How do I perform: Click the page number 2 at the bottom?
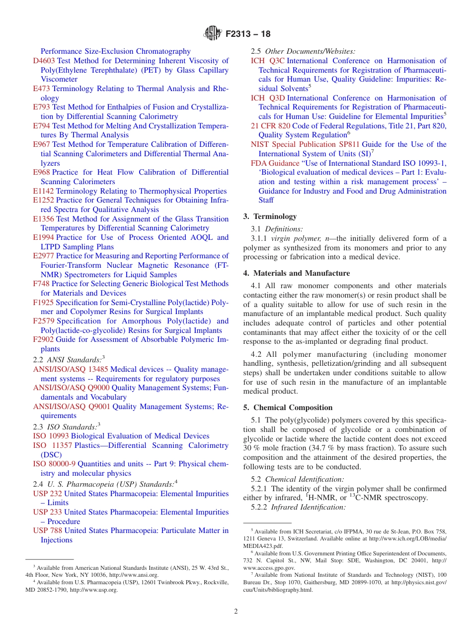pyautogui.click(x=236, y=611)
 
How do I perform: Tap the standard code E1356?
pyautogui.click(x=44, y=219)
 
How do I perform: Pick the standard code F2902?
pyautogui.click(x=44, y=339)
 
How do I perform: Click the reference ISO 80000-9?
pyautogui.click(x=54, y=464)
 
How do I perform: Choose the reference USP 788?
pyautogui.click(x=48, y=530)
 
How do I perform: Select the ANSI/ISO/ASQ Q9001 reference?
pyautogui.click(x=72, y=407)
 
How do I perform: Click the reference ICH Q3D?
pyautogui.click(x=267, y=98)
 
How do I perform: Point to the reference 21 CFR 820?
pyautogui.click(x=270, y=126)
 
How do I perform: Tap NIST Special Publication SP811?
pyautogui.click(x=305, y=144)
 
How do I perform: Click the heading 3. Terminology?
pyautogui.click(x=270, y=216)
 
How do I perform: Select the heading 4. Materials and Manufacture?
pyautogui.click(x=297, y=273)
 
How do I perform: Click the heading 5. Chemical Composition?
pyautogui.click(x=288, y=408)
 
